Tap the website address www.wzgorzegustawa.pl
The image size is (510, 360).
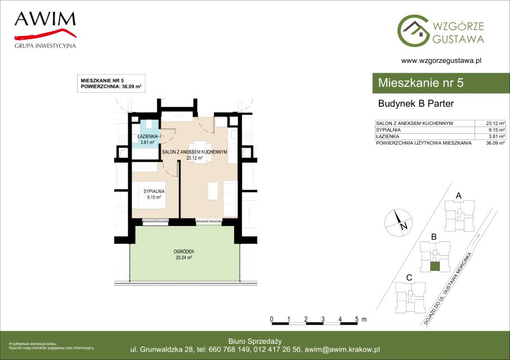(x=441, y=60)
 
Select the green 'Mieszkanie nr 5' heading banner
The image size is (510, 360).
(x=441, y=83)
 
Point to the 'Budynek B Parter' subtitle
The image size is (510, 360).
(x=415, y=103)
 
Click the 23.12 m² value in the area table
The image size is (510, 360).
(x=495, y=123)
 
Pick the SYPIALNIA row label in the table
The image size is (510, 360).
(x=388, y=130)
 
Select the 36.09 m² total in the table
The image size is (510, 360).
(x=495, y=143)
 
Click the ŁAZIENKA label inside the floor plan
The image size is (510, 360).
(x=147, y=137)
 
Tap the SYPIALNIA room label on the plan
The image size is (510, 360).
(x=154, y=192)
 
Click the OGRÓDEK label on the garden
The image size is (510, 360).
(x=184, y=251)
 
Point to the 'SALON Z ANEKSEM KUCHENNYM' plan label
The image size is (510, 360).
(x=195, y=152)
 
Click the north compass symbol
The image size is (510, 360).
(x=399, y=223)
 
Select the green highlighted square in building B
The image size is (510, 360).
(x=435, y=267)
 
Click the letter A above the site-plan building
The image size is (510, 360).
(x=459, y=196)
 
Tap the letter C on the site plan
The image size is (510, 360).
(x=409, y=278)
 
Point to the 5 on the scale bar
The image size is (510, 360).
(x=357, y=319)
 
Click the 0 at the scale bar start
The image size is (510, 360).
(x=271, y=319)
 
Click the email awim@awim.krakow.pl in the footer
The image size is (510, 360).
(x=342, y=350)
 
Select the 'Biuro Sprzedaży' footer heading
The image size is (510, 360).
(x=255, y=341)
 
